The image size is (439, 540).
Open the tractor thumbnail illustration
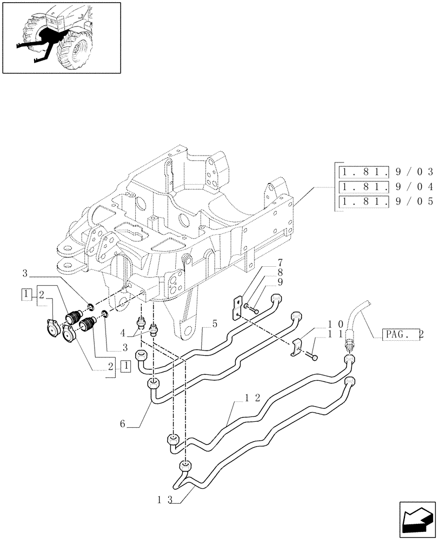point(61,37)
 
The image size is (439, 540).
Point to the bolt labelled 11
point(315,357)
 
